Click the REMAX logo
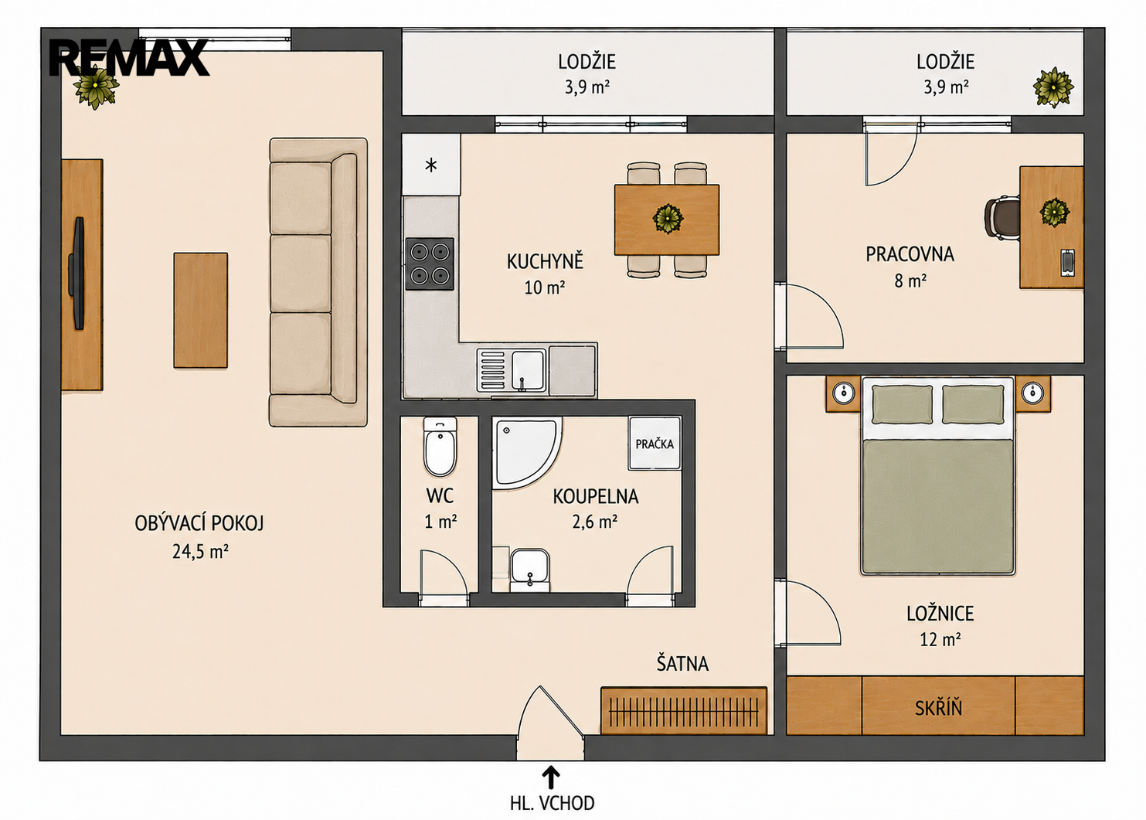click(129, 58)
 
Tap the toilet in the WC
click(440, 446)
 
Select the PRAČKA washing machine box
click(655, 443)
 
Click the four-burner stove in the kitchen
click(430, 264)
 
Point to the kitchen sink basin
click(528, 370)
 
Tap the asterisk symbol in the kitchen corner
click(431, 165)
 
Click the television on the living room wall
click(78, 273)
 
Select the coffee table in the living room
click(201, 310)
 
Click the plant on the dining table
click(668, 219)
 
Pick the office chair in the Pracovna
click(1002, 218)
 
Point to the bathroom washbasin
click(529, 570)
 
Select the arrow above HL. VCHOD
click(550, 778)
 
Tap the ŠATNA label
click(682, 663)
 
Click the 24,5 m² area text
click(200, 552)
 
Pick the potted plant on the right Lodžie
click(1053, 87)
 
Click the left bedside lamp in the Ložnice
click(843, 393)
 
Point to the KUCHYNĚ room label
click(545, 261)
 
